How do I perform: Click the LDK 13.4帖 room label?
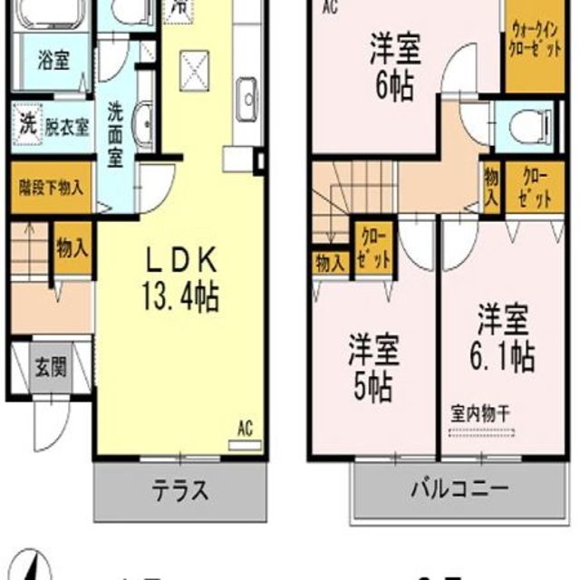coord(181,279)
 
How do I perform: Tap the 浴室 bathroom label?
coord(53,63)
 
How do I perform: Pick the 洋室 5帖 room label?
coord(372,367)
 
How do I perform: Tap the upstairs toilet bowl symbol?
coord(526,128)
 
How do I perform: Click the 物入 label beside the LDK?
coord(72,246)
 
